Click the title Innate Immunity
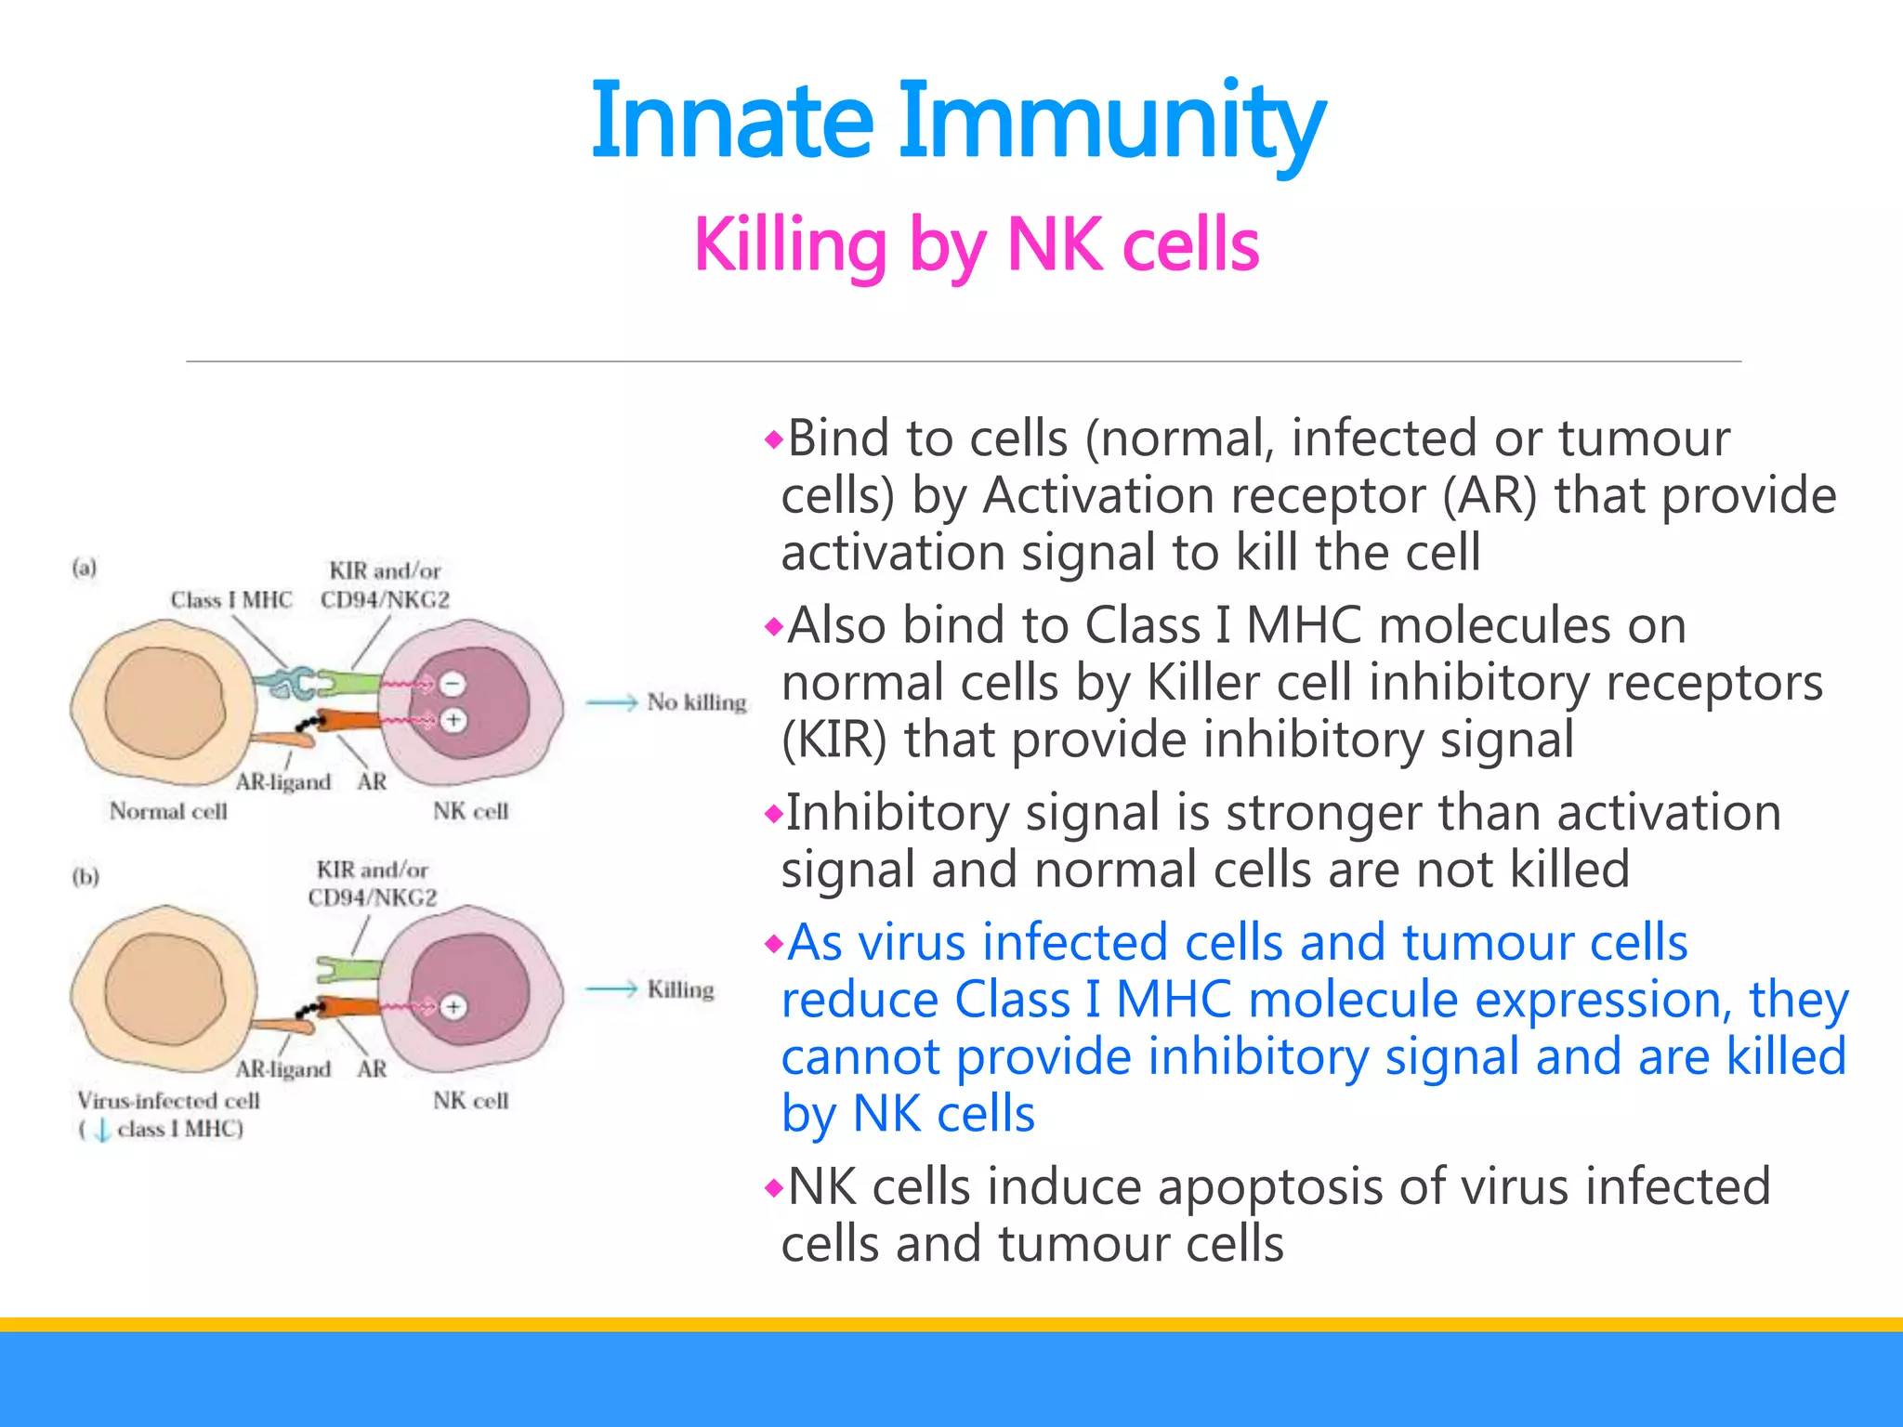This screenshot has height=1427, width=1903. click(x=957, y=121)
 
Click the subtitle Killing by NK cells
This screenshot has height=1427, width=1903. click(x=976, y=244)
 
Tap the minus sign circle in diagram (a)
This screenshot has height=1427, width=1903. click(x=453, y=685)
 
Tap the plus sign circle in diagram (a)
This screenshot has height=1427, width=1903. click(x=453, y=720)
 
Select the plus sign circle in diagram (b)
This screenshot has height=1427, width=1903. click(x=453, y=1007)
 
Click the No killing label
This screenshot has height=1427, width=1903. click(x=696, y=702)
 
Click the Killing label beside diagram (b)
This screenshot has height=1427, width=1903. click(x=680, y=989)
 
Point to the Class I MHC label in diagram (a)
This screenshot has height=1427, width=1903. click(x=230, y=600)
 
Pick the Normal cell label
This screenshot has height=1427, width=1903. click(x=168, y=811)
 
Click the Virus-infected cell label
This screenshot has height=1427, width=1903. click(x=168, y=1101)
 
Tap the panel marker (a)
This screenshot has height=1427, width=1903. click(x=85, y=568)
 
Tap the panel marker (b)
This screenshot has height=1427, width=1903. click(x=85, y=877)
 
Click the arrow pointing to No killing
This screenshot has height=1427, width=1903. click(x=611, y=703)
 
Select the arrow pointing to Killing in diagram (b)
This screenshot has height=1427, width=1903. click(x=611, y=990)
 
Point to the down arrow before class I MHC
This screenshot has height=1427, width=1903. click(x=102, y=1131)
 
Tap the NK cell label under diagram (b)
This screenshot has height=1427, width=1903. click(x=470, y=1101)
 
